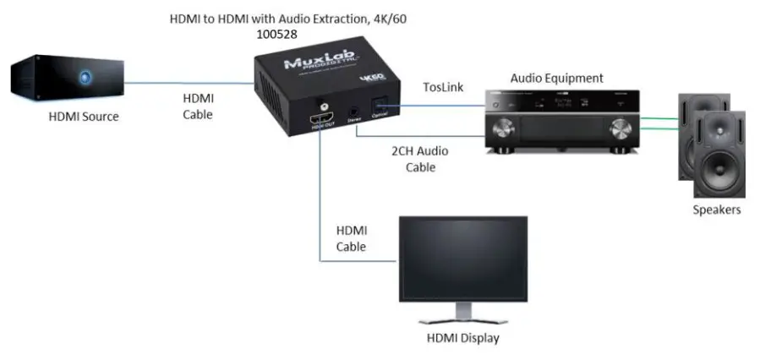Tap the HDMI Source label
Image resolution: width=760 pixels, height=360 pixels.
(x=84, y=117)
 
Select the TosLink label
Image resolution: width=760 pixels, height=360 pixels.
(x=442, y=86)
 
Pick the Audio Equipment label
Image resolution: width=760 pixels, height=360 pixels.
(x=556, y=78)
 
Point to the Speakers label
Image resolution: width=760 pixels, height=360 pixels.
(x=716, y=210)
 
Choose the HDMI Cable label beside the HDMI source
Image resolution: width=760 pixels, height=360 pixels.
(x=199, y=106)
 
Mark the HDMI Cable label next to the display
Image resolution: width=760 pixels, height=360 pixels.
(x=352, y=238)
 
